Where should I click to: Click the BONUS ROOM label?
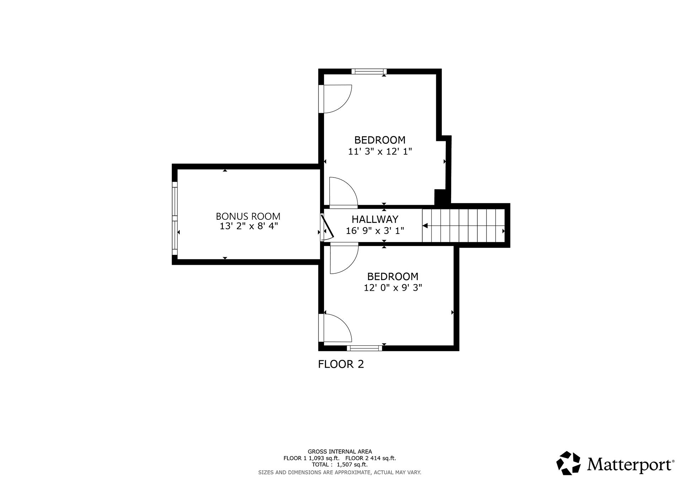click(x=248, y=216)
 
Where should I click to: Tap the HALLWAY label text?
click(x=375, y=219)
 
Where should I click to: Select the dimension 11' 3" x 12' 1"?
click(x=380, y=152)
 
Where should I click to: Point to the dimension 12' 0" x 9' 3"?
click(x=393, y=287)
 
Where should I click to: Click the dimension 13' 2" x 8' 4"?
click(x=248, y=226)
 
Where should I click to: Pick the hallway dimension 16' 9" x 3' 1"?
click(x=375, y=231)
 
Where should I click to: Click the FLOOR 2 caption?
click(x=341, y=364)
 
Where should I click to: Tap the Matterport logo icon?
click(x=568, y=463)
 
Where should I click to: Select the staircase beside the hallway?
click(x=463, y=225)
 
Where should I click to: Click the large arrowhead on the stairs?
click(x=425, y=226)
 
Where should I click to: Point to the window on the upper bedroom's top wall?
click(x=369, y=71)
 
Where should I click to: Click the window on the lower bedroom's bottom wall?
click(x=364, y=348)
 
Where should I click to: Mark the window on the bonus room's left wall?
click(x=174, y=218)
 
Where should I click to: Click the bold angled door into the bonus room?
click(x=327, y=227)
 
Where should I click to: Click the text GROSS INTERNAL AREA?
click(x=340, y=452)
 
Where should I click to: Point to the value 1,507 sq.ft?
click(x=352, y=465)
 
